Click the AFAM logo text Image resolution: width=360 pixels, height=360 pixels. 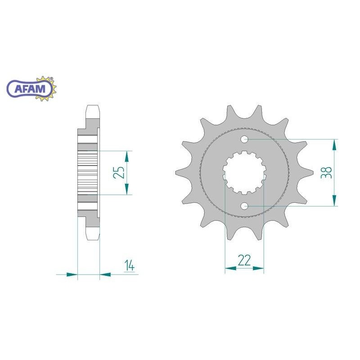point(30,89)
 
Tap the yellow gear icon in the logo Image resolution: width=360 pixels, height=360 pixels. point(46,89)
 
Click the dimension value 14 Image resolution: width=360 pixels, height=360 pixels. point(130,265)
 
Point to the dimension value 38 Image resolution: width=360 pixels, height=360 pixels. point(327,172)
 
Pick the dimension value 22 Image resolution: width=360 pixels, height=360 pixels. point(244,260)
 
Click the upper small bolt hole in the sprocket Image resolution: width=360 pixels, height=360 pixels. point(244,139)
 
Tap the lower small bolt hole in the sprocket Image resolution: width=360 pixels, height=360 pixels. point(244,206)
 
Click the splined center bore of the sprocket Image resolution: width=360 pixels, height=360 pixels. point(244,172)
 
